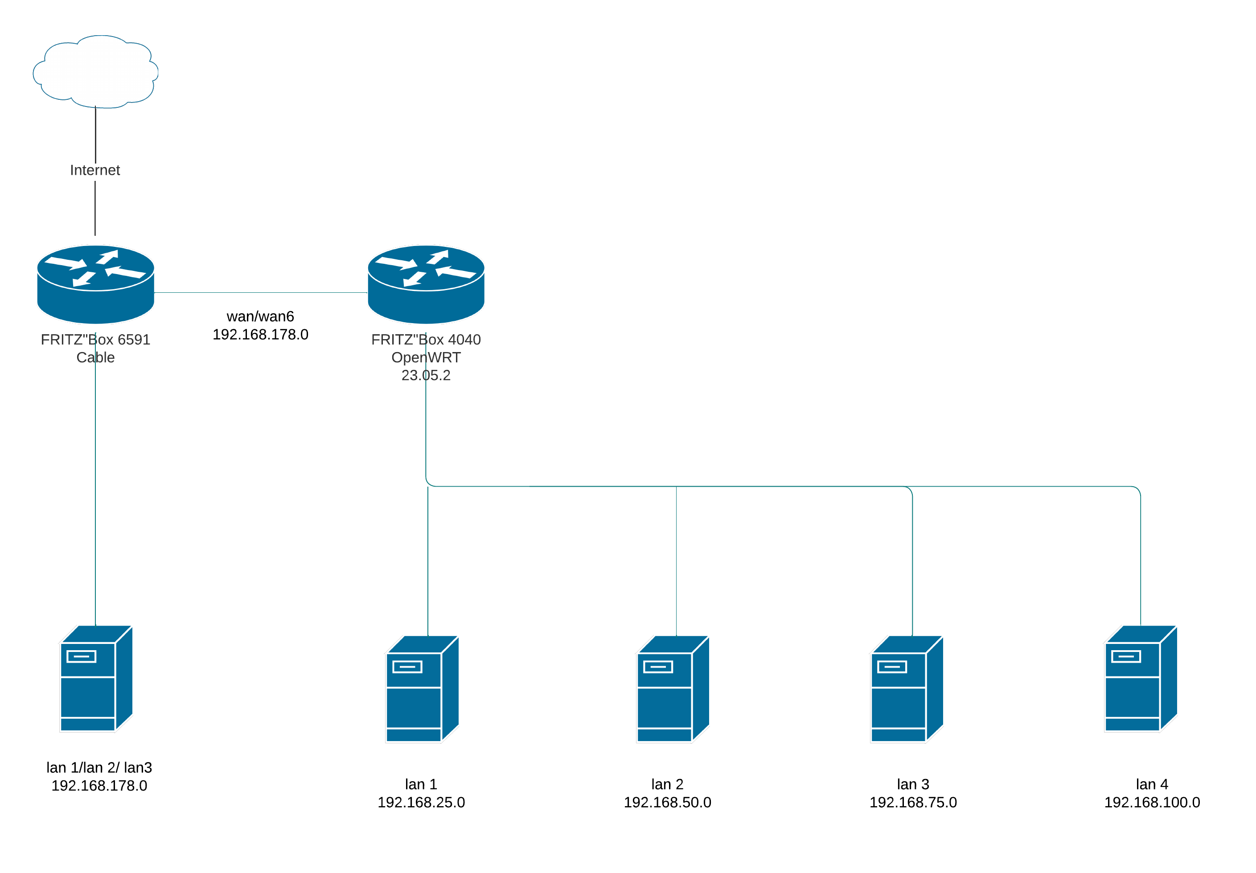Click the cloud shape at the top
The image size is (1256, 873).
coord(96,71)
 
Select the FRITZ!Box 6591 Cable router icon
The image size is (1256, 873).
coord(96,284)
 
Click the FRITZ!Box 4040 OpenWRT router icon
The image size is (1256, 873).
coord(426,284)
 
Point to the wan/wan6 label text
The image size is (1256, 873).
coord(260,316)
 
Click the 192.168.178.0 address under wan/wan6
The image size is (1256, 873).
coord(260,334)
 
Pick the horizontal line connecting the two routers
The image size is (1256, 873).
coord(261,293)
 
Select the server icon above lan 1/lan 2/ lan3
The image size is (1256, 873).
coord(96,678)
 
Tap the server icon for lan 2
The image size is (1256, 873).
coord(673,689)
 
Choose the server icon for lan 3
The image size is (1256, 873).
coord(907,689)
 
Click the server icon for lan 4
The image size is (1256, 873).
coord(1141,678)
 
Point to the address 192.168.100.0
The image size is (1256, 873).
coord(1152,803)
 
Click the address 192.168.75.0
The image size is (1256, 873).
coord(913,803)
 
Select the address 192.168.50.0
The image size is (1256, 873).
coord(667,803)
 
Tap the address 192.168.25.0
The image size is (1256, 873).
coord(421,803)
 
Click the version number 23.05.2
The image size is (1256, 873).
coord(426,375)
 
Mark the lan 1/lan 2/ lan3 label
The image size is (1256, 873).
coord(99,767)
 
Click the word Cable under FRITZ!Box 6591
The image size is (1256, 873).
coord(96,357)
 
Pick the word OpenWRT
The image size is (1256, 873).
coord(426,357)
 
